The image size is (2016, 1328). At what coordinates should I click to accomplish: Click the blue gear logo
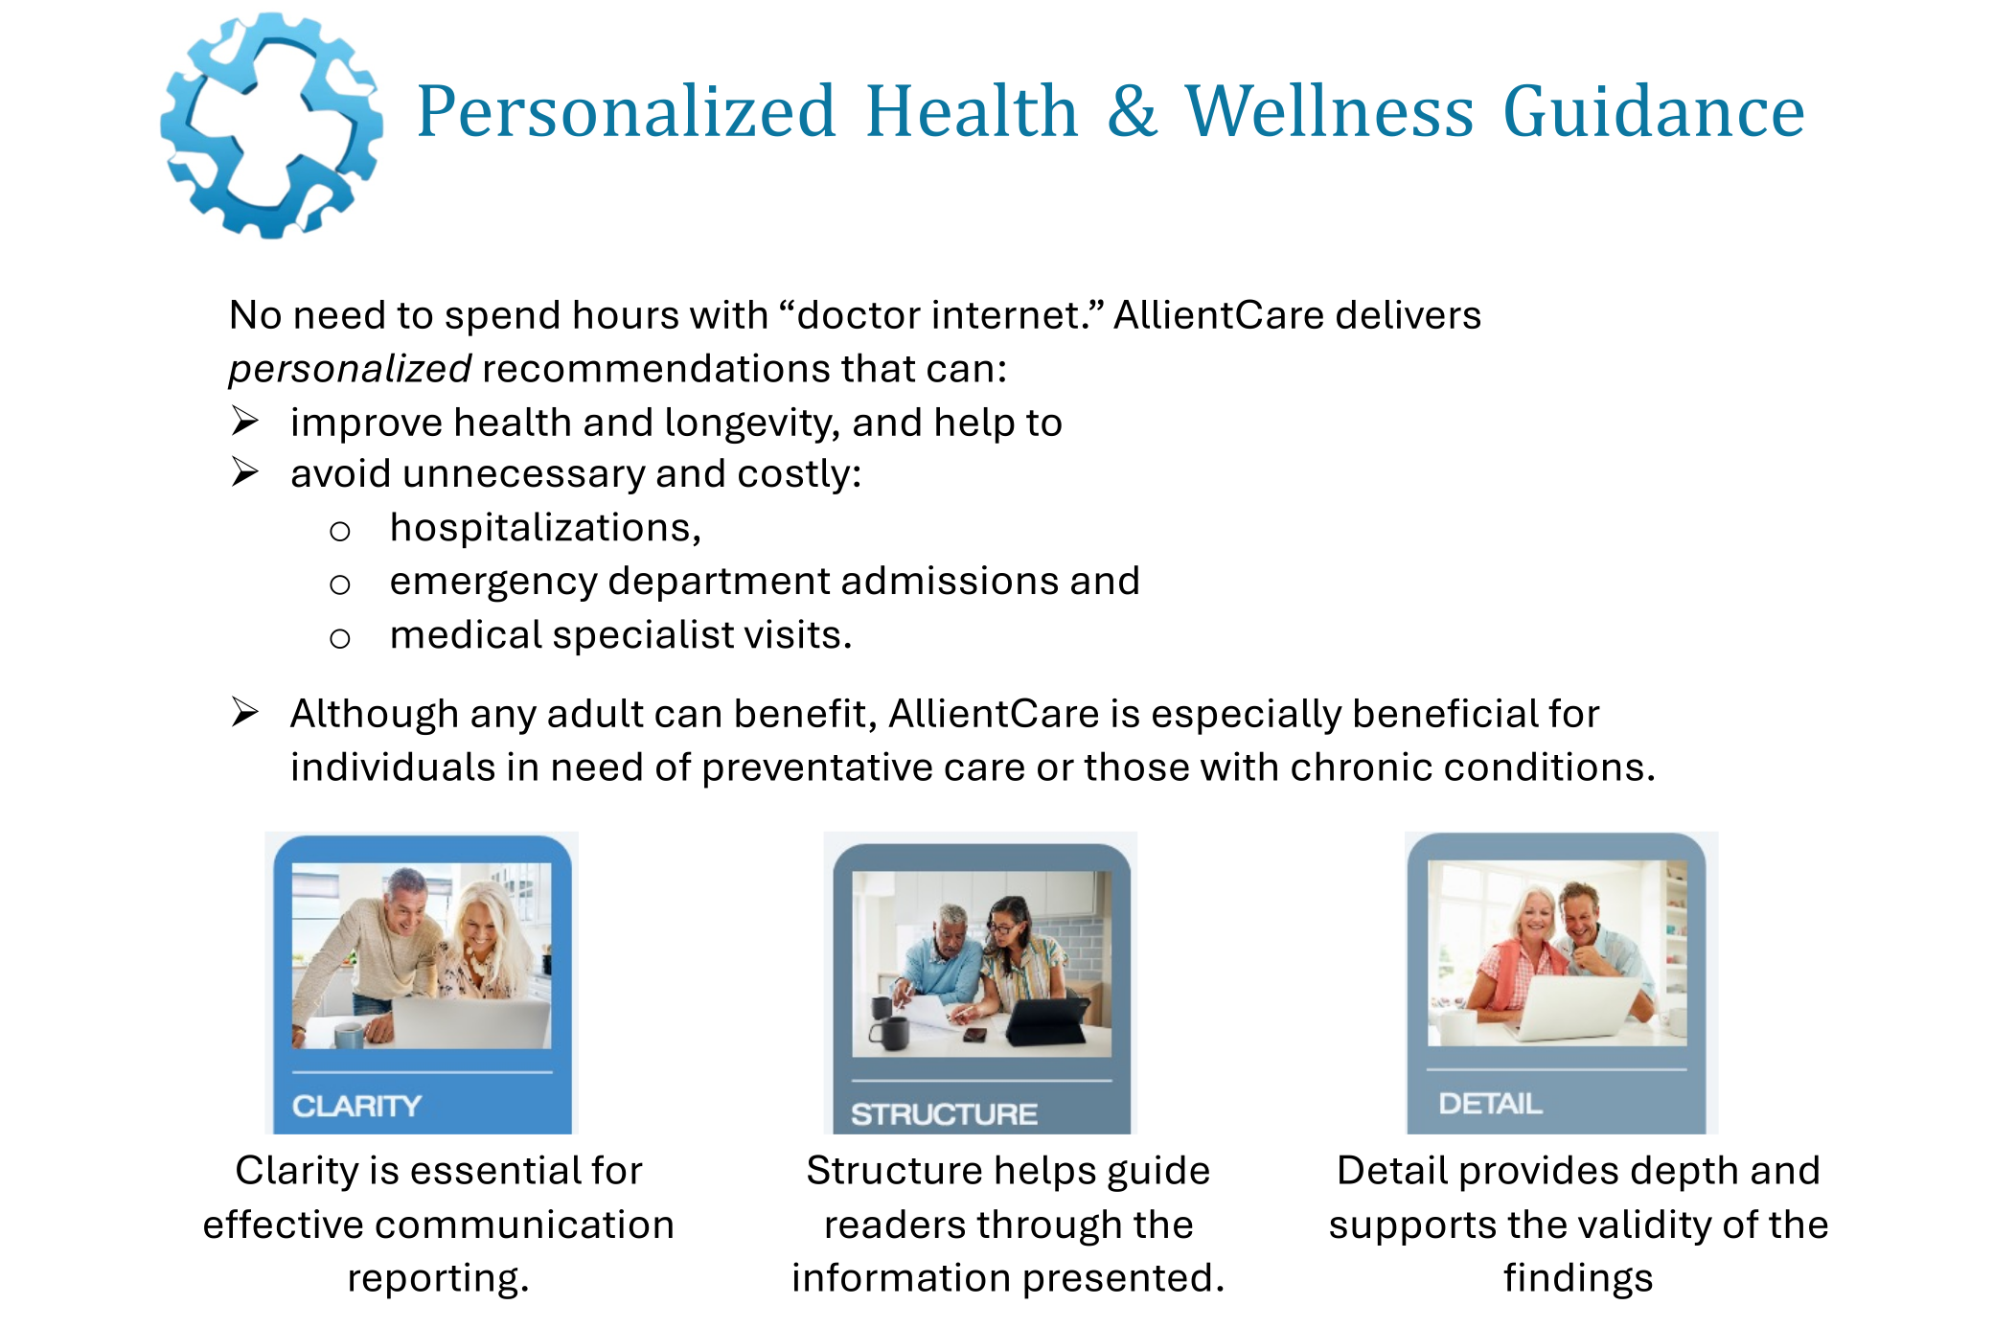271,125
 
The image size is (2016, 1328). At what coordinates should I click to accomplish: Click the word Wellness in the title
1328,112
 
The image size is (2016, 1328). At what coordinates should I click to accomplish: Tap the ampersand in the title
1132,112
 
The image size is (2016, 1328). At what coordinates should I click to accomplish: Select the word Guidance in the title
1653,112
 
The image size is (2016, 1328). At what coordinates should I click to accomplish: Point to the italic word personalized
350,369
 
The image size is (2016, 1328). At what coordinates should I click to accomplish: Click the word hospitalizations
544,528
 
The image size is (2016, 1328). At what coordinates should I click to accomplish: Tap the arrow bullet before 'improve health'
245,422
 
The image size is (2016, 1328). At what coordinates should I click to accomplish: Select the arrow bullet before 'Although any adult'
245,713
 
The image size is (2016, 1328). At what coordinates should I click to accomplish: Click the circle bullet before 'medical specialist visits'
340,638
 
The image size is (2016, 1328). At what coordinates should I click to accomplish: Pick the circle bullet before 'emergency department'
340,584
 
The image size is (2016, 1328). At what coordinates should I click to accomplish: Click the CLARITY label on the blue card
356,1106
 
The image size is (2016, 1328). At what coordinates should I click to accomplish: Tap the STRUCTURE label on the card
944,1114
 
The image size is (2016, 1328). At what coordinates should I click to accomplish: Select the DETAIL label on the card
1490,1104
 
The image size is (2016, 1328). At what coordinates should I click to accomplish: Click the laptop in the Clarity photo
470,1021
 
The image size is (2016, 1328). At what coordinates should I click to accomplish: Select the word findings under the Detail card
1578,1278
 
